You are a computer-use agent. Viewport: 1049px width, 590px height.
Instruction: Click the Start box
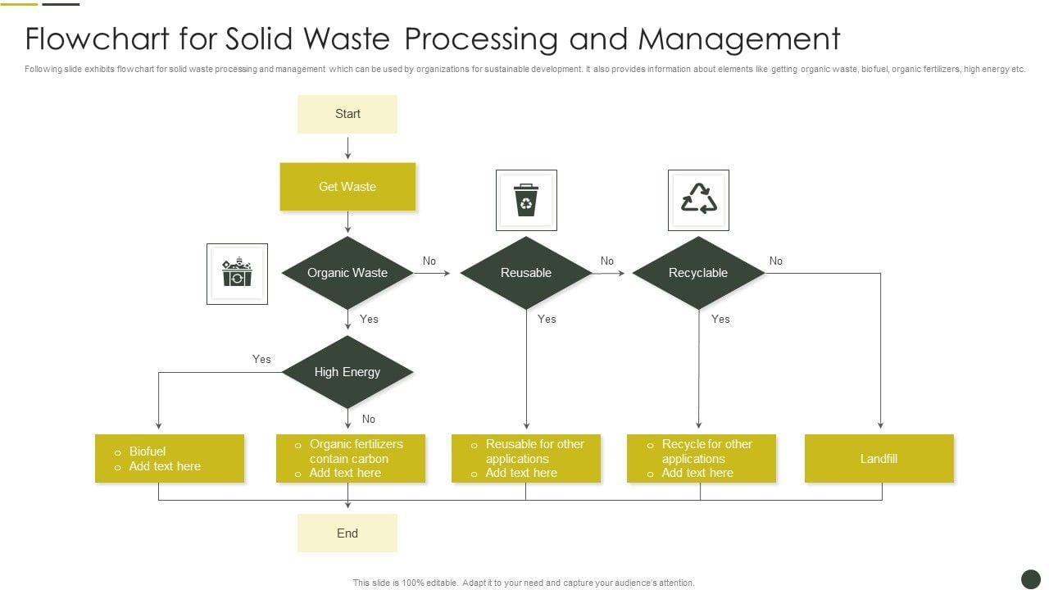pyautogui.click(x=347, y=114)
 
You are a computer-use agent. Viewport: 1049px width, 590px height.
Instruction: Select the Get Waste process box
pyautogui.click(x=347, y=187)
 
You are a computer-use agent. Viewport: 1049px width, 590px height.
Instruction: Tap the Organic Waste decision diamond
pyautogui.click(x=347, y=273)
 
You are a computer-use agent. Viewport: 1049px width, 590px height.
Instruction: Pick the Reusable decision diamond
pyautogui.click(x=526, y=273)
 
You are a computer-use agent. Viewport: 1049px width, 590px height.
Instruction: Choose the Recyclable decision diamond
pyautogui.click(x=698, y=273)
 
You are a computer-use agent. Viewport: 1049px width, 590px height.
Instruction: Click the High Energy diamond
pyautogui.click(x=347, y=372)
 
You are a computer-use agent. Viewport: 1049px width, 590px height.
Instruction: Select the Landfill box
pyautogui.click(x=879, y=459)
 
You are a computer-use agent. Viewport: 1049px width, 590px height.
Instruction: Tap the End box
pyautogui.click(x=347, y=533)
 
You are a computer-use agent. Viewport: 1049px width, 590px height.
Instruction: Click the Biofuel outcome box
pyautogui.click(x=170, y=459)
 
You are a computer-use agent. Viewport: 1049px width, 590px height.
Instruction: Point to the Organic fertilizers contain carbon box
pyautogui.click(x=351, y=459)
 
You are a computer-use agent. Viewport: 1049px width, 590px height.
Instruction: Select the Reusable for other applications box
pyautogui.click(x=526, y=459)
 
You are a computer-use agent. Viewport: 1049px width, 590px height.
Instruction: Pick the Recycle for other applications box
pyautogui.click(x=702, y=459)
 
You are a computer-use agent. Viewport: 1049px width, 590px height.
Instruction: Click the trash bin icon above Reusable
pyautogui.click(x=526, y=200)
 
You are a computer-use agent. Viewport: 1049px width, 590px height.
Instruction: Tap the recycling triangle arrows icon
pyautogui.click(x=699, y=200)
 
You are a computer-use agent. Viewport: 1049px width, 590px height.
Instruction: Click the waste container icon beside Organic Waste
pyautogui.click(x=237, y=274)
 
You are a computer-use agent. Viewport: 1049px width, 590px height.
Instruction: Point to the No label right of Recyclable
pyautogui.click(x=776, y=261)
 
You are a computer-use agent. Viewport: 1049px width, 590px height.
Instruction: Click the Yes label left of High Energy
pyautogui.click(x=261, y=359)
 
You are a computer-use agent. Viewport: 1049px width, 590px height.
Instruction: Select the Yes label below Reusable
pyautogui.click(x=547, y=319)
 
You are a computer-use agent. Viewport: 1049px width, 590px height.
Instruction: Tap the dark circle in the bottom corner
pyautogui.click(x=1031, y=579)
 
